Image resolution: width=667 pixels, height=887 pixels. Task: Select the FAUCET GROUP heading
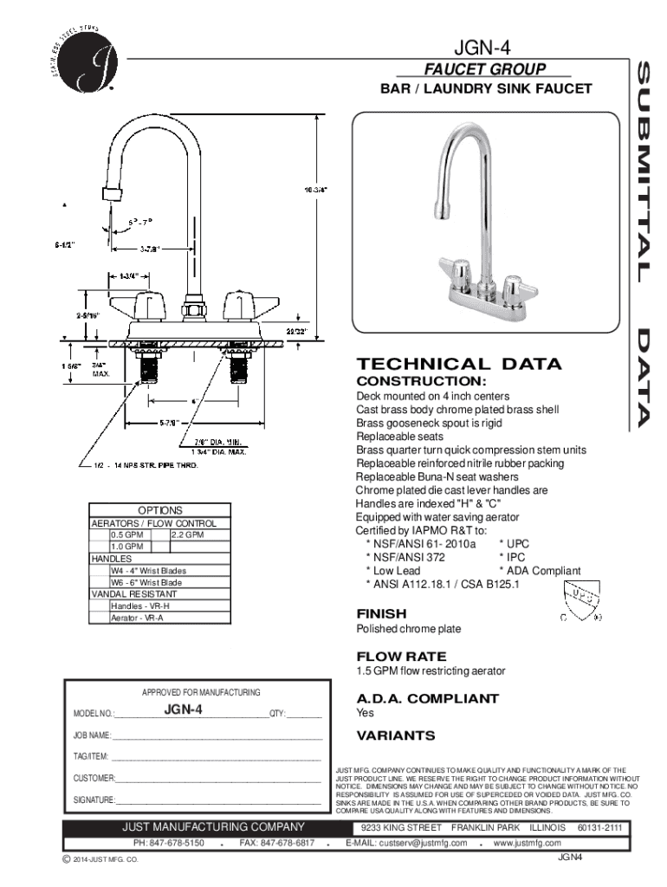484,69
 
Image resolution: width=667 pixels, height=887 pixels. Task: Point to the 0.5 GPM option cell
126,535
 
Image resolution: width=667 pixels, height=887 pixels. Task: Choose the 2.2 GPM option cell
187,535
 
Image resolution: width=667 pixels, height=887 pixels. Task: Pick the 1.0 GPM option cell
126,547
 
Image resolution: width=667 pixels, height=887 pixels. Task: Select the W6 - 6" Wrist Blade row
146,583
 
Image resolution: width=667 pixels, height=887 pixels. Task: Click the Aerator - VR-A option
137,618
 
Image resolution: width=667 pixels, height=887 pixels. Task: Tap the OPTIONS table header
160,511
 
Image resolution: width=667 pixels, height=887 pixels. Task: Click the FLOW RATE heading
402,656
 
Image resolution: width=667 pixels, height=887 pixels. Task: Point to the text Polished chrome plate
409,629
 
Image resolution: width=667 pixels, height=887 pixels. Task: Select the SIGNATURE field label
94,799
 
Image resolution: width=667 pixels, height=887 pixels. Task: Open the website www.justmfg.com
527,843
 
